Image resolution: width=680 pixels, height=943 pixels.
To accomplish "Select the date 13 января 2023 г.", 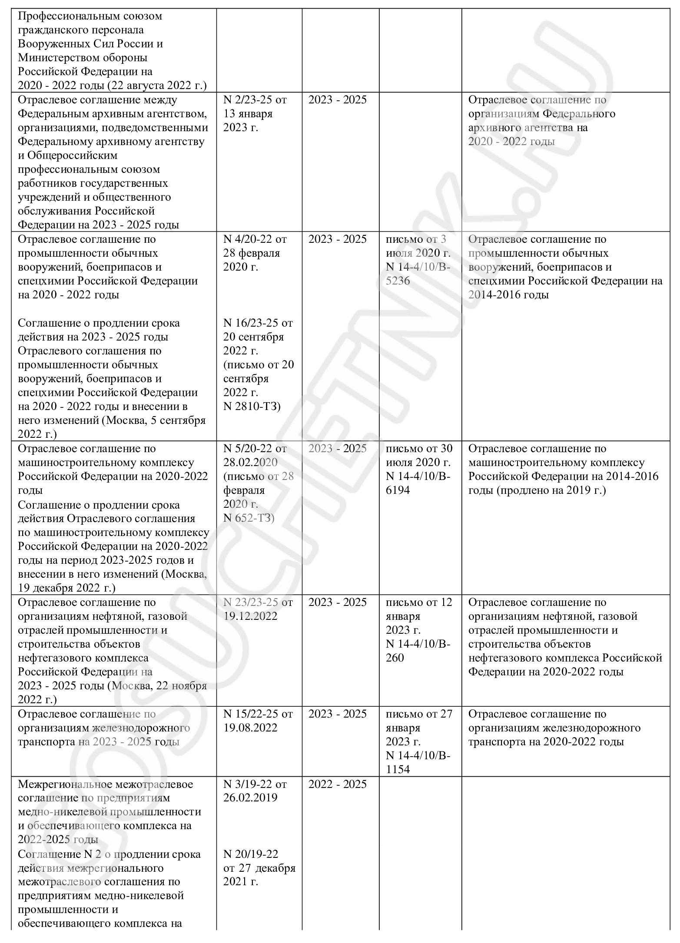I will tap(248, 121).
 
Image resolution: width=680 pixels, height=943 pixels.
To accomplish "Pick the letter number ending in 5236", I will tap(398, 281).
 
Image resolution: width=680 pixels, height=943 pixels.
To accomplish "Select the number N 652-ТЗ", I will tap(248, 518).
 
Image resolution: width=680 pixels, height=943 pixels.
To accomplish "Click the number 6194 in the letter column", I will tap(398, 490).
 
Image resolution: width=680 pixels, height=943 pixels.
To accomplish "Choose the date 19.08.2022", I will tap(250, 728).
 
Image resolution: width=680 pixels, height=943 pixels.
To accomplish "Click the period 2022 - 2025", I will tap(338, 784).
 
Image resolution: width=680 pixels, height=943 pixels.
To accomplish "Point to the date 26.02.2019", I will tap(250, 798).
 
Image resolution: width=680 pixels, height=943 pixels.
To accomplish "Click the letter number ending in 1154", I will tap(398, 769).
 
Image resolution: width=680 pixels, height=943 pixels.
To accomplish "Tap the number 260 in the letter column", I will tap(395, 658).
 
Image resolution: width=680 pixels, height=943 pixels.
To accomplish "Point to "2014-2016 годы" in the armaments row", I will tap(508, 295).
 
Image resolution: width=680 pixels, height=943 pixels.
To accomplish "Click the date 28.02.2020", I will tap(250, 463).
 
